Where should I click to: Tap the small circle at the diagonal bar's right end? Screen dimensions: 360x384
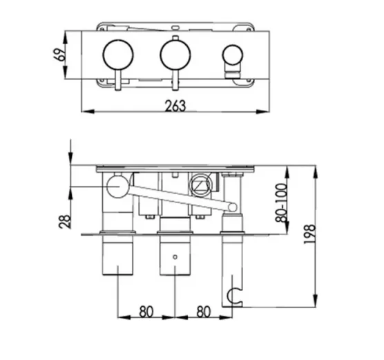232,206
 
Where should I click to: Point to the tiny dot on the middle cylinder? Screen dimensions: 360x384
174,256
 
